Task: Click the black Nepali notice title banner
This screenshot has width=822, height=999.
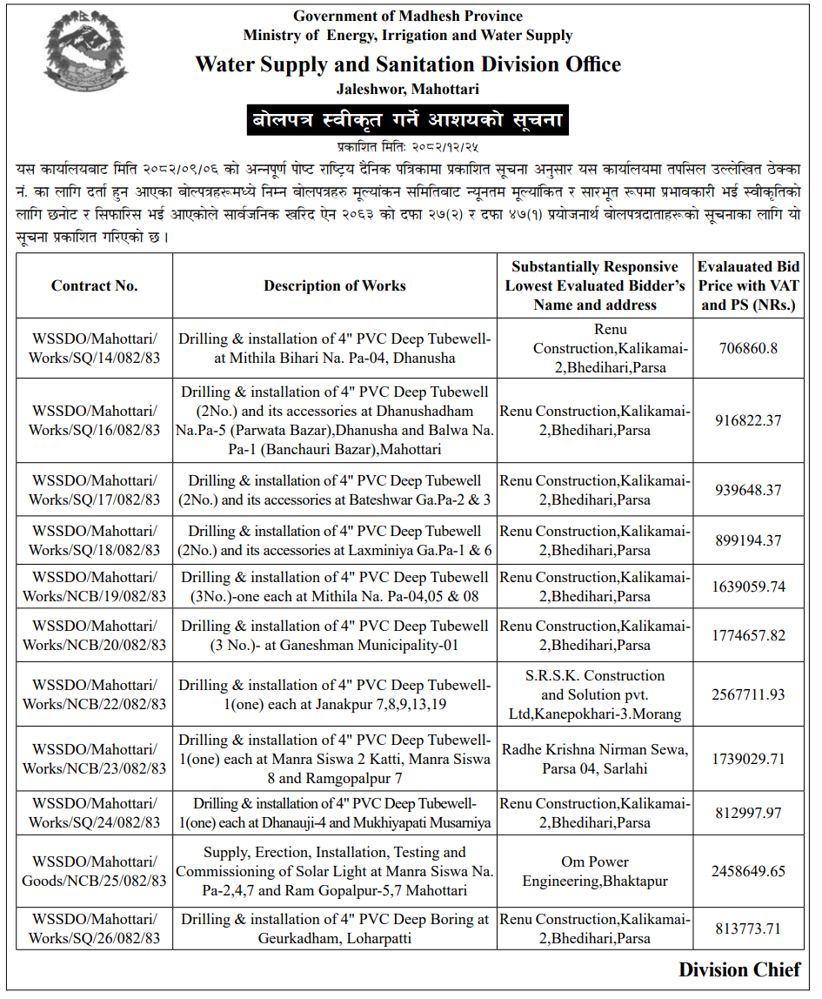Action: [x=407, y=119]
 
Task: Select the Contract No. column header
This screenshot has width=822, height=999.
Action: [x=94, y=285]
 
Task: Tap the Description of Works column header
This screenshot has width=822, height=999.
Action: [x=335, y=285]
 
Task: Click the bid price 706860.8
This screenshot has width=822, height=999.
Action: [x=748, y=348]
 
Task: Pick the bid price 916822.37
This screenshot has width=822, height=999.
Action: [x=748, y=420]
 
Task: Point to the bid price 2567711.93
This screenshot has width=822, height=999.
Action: [x=748, y=694]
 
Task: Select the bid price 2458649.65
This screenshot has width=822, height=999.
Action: [x=748, y=871]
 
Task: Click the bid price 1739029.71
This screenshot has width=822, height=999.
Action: [x=748, y=759]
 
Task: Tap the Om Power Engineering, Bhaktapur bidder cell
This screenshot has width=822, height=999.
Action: [x=595, y=871]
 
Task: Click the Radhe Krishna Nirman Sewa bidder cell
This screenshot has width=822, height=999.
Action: [x=595, y=759]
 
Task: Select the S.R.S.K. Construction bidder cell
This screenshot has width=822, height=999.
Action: [x=595, y=694]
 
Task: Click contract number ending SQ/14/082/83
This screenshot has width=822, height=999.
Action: [x=94, y=348]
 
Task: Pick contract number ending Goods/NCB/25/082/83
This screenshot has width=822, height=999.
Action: [x=94, y=871]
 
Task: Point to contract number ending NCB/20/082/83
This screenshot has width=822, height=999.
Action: [x=94, y=635]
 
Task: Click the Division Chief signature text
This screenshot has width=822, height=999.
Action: [x=739, y=970]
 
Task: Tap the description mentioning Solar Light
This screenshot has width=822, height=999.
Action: [x=335, y=871]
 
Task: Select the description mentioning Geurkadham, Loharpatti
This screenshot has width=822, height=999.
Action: [x=335, y=929]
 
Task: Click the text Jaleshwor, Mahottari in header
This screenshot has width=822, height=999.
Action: [x=407, y=89]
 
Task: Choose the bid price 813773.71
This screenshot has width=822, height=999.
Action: [x=748, y=929]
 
